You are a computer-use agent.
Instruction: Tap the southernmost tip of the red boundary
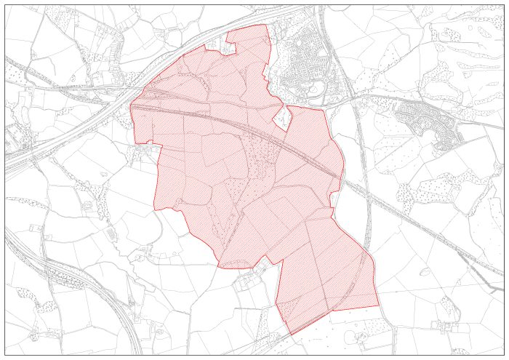tap(292, 335)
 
